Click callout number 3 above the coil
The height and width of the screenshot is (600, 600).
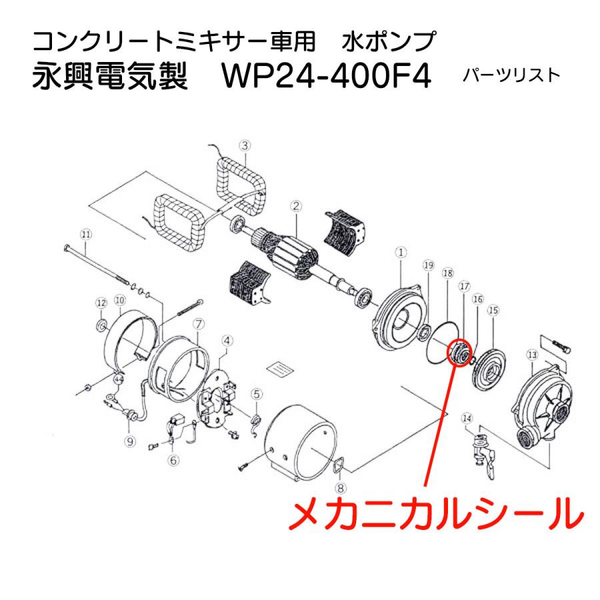(245, 145)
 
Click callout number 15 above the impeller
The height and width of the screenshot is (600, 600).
(493, 310)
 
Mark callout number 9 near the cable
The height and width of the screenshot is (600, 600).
(130, 440)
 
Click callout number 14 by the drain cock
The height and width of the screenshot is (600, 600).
(467, 419)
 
